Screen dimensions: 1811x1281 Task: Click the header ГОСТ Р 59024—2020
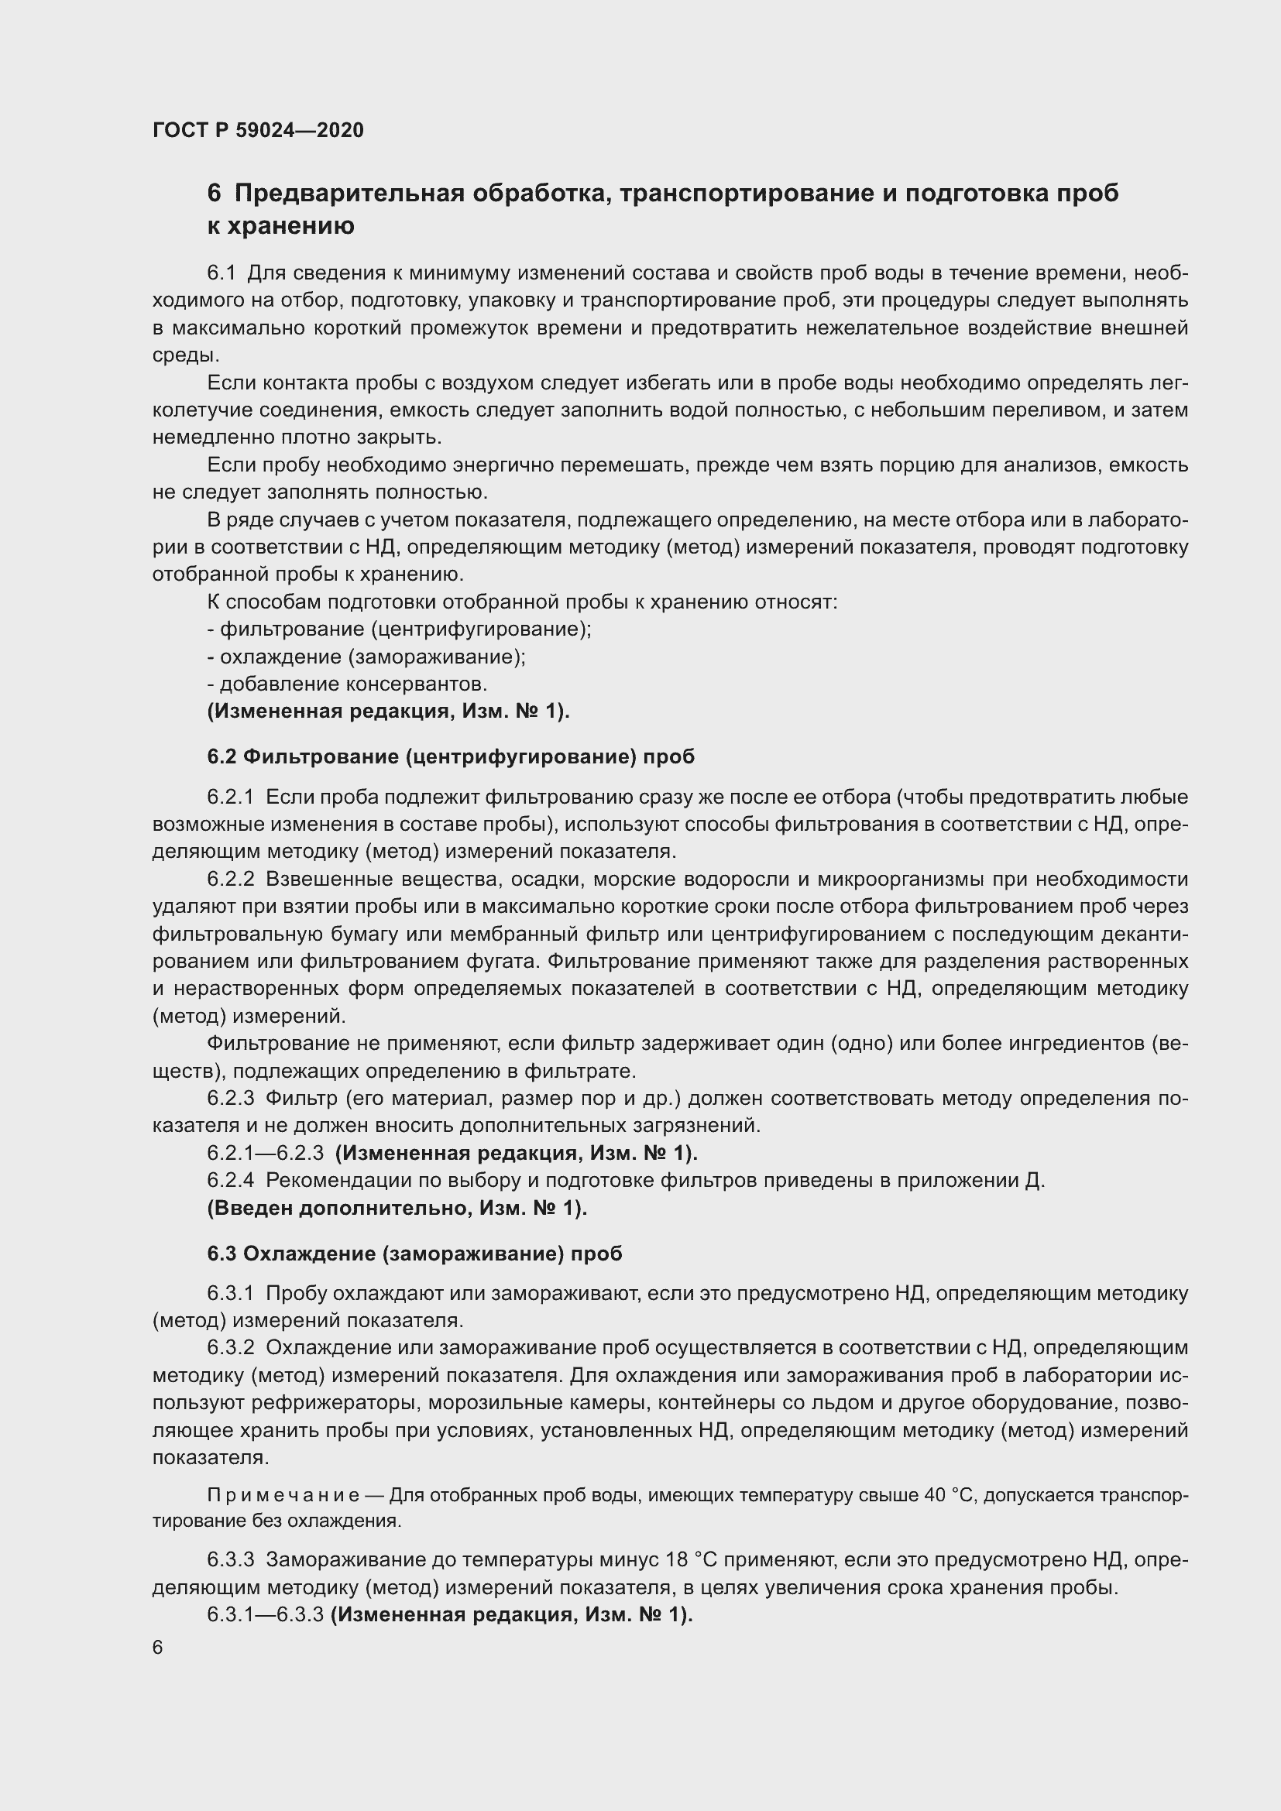[258, 130]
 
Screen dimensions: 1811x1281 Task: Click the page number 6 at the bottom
[158, 1648]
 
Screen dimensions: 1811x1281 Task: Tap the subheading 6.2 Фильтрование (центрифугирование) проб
[451, 756]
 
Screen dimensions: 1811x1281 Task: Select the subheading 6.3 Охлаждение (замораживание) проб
[414, 1254]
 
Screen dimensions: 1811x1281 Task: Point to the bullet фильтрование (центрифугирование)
[399, 629]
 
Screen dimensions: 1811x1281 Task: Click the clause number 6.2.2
[230, 880]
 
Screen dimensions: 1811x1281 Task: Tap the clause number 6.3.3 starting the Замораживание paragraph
[230, 1560]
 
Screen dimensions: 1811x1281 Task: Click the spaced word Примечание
[283, 1496]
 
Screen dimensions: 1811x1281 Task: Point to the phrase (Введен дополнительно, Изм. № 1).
[397, 1209]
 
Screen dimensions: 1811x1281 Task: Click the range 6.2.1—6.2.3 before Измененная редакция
[265, 1153]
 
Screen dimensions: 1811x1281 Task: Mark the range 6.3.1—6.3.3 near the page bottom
[265, 1614]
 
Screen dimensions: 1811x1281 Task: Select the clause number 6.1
[222, 273]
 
